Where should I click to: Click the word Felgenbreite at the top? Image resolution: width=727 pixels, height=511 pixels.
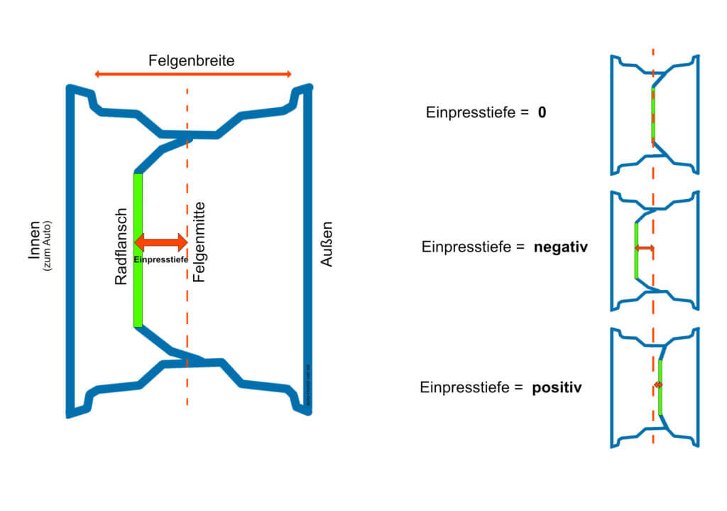pyautogui.click(x=191, y=61)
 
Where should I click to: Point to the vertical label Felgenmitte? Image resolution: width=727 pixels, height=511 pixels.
pyautogui.click(x=199, y=242)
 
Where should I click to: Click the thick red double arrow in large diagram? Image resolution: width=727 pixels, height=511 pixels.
pyautogui.click(x=160, y=242)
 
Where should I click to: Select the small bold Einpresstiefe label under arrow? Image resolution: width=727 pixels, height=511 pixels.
pyautogui.click(x=161, y=260)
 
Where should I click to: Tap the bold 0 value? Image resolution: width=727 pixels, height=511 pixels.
pyautogui.click(x=542, y=112)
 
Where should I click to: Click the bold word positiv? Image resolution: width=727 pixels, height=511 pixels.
pyautogui.click(x=557, y=388)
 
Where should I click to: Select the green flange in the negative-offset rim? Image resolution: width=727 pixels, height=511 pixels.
pyautogui.click(x=636, y=250)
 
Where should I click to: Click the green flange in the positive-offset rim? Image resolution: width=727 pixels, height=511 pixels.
pyautogui.click(x=660, y=387)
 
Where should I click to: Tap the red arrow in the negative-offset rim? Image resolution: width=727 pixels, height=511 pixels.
pyautogui.click(x=645, y=247)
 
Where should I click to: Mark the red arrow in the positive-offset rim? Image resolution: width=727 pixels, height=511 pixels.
pyautogui.click(x=658, y=384)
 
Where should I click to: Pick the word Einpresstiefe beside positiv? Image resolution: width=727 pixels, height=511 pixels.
pyautogui.click(x=465, y=388)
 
